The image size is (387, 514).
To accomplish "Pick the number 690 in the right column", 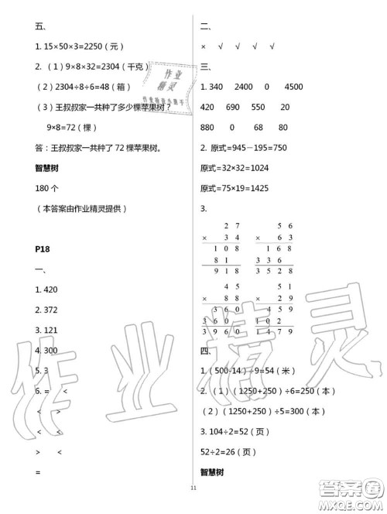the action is point(235,106).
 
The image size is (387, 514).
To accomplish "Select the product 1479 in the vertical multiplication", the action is point(281,333).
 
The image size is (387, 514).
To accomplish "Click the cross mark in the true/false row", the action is point(204,46).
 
